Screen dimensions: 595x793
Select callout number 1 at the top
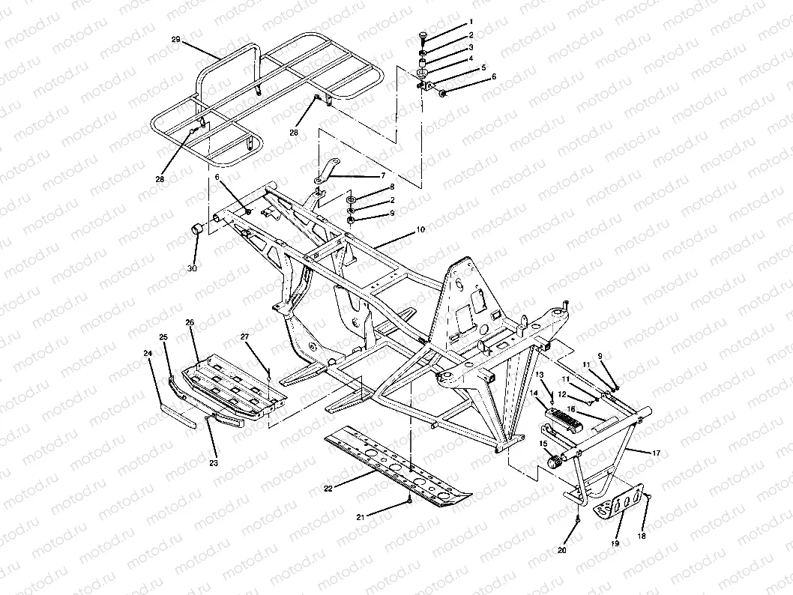[471, 22]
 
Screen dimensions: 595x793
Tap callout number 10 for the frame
[420, 229]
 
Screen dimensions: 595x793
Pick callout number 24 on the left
[148, 352]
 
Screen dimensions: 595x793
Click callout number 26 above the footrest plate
[190, 323]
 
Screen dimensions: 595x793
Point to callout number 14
[534, 392]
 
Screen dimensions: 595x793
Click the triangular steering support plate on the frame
[469, 300]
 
